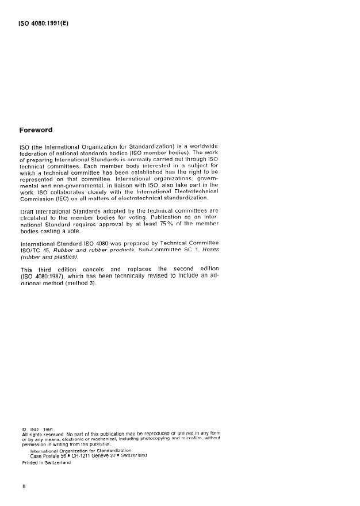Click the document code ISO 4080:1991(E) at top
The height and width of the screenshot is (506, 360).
click(x=44, y=24)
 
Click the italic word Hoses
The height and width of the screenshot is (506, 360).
click(x=208, y=251)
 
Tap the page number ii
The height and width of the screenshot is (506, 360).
click(x=24, y=486)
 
